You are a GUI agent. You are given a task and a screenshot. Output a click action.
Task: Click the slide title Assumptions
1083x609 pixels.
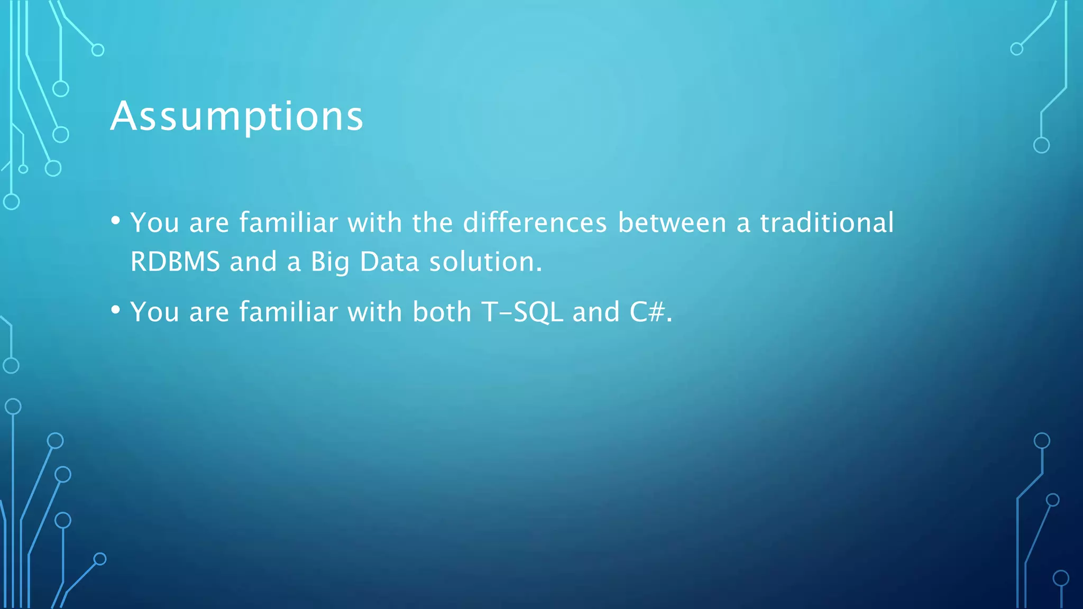coord(237,117)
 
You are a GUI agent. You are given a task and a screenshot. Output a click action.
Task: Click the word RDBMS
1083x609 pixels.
coord(175,262)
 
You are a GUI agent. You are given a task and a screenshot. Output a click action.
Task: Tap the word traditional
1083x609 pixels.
coord(827,223)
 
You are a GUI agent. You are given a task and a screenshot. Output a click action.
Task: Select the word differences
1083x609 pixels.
coord(535,223)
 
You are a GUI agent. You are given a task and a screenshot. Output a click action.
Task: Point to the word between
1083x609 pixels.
coord(672,223)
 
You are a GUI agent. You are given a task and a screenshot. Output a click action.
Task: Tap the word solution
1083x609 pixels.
coord(485,262)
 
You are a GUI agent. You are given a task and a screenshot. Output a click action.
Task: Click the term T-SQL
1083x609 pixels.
coord(522,312)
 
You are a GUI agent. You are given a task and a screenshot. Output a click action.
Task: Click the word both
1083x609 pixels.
coord(442,312)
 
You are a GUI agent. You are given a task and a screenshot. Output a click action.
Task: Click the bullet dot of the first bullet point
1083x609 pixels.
coord(116,220)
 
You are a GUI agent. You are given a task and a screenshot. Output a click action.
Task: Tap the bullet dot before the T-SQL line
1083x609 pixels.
coord(116,310)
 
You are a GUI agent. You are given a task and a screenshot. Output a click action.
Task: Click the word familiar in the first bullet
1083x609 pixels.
coord(288,223)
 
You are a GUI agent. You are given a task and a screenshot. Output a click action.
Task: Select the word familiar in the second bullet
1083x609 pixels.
coord(288,312)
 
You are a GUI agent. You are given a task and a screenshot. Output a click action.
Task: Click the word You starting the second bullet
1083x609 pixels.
coord(154,312)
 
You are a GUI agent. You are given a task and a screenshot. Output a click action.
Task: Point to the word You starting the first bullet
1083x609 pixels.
coord(154,223)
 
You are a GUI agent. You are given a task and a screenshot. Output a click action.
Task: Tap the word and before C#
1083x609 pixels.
coord(596,312)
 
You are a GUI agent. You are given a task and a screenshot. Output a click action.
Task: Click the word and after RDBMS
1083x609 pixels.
coord(253,262)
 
